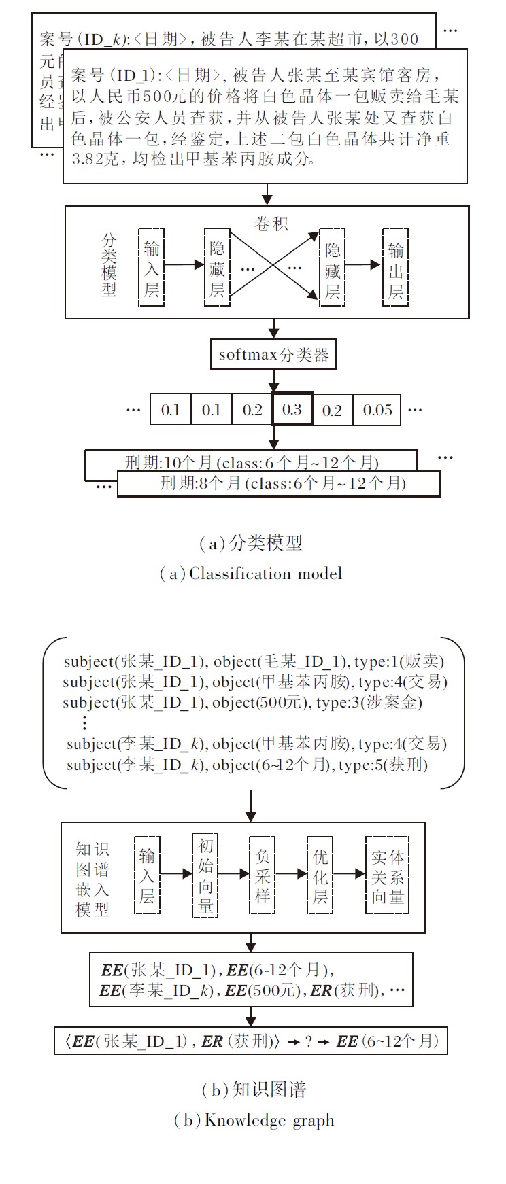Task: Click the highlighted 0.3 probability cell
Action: pos(292,409)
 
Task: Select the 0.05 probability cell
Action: pos(377,410)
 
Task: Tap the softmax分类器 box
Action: pos(273,355)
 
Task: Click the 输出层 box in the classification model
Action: pos(395,267)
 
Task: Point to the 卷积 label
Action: pos(271,224)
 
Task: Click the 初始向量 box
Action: pos(205,876)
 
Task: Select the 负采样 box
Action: pos(263,876)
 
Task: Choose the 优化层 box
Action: pos(320,876)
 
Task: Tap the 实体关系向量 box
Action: pos(388,876)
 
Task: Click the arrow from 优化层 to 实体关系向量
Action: pos(350,874)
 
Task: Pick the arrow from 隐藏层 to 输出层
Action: pos(363,265)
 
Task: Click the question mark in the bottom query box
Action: pos(309,1041)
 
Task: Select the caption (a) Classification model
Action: pos(251,574)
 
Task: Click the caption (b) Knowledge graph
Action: pos(254,1120)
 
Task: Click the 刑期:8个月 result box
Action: pos(279,484)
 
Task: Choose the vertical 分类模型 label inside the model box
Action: pos(109,265)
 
